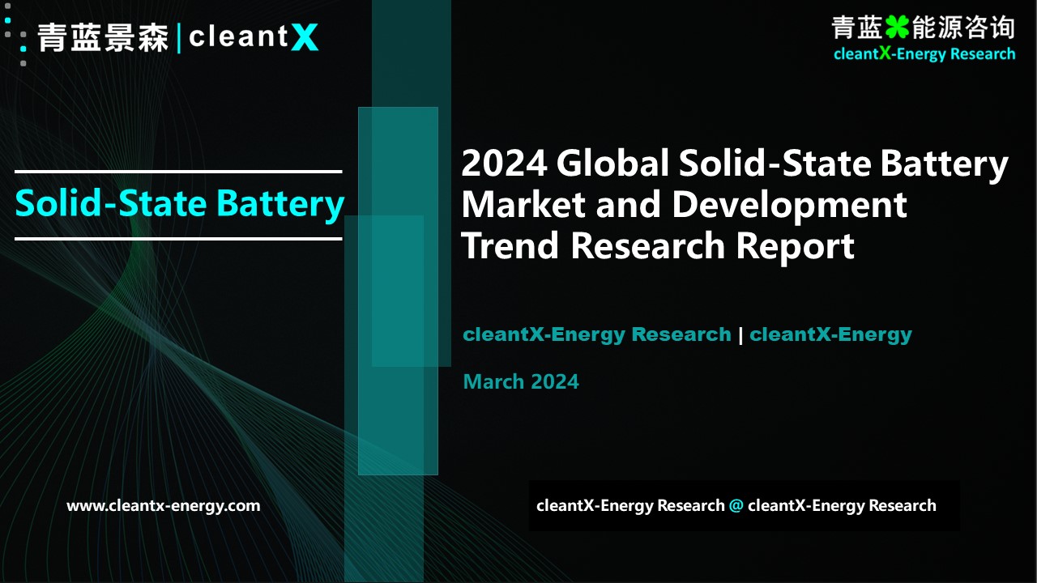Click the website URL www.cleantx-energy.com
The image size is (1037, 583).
(164, 506)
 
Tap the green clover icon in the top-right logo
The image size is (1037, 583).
(897, 28)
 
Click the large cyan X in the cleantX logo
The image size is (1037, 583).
(305, 37)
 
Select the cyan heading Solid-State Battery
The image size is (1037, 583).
(180, 203)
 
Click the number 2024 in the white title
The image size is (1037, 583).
(504, 163)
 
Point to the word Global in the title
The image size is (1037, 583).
(613, 163)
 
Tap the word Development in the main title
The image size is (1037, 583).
(789, 205)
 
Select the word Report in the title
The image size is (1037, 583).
(795, 246)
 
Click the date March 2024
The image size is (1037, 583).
(521, 381)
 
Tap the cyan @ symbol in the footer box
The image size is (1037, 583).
(736, 505)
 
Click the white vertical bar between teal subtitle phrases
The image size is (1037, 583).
(740, 335)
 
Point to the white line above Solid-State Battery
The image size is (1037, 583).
(178, 172)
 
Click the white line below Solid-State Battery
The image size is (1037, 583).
(178, 239)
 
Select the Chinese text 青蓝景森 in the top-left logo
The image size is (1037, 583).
(103, 37)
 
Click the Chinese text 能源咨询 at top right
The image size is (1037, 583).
(963, 28)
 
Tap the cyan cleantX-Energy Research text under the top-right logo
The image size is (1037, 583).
(924, 54)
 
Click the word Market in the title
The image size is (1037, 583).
(523, 204)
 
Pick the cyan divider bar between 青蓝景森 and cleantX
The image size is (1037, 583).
(179, 39)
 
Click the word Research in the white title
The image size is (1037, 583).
(647, 245)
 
